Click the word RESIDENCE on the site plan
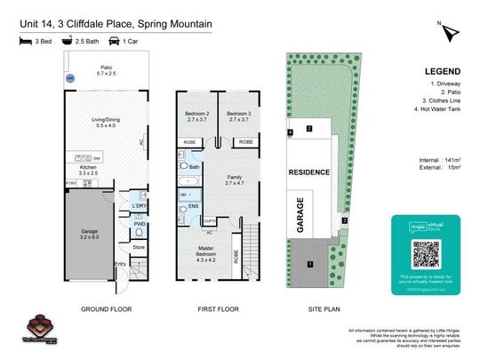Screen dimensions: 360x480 point(309,172)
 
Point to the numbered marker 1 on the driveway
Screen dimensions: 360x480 point(310,264)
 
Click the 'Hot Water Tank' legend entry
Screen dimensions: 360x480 point(436,110)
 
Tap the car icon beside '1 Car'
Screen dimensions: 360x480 point(115,41)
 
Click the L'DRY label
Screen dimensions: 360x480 point(139,205)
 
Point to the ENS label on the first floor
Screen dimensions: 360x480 point(194,206)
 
